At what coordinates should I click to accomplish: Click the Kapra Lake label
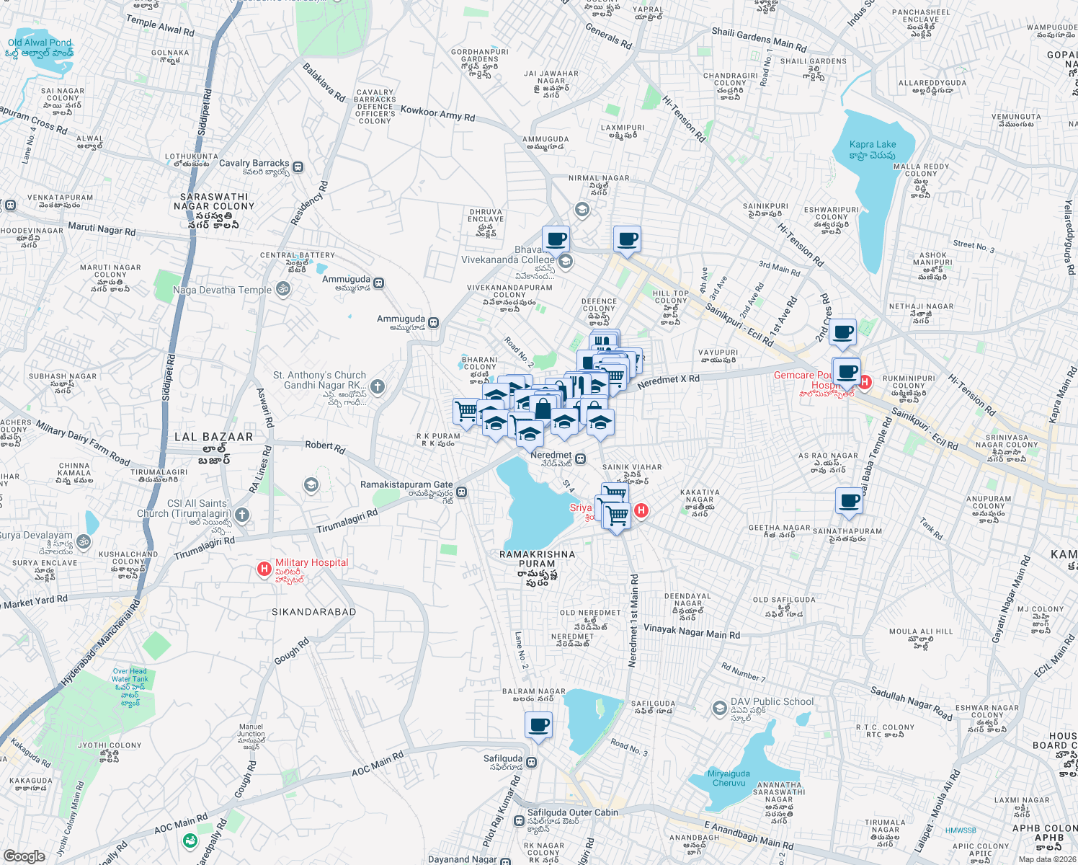[872, 149]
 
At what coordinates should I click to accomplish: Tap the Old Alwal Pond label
[40, 48]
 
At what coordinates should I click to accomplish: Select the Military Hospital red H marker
[264, 569]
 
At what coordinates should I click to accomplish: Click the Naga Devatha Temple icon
[283, 290]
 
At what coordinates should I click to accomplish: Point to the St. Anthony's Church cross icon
[377, 387]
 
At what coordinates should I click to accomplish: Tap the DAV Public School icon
[719, 708]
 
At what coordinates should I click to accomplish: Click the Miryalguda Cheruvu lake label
[729, 778]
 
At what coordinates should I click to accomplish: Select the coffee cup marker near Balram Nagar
[538, 725]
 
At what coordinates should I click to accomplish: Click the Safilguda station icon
[532, 762]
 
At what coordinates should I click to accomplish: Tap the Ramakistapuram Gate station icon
[462, 492]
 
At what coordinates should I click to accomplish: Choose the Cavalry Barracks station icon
[298, 167]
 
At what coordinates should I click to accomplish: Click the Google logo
[24, 856]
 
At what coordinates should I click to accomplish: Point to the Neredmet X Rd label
[668, 381]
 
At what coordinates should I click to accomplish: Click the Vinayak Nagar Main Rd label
[691, 632]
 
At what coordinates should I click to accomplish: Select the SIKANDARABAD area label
[313, 612]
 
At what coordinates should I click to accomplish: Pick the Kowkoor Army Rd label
[437, 113]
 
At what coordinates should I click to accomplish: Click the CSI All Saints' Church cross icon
[242, 515]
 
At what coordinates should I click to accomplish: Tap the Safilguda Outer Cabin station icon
[519, 820]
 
